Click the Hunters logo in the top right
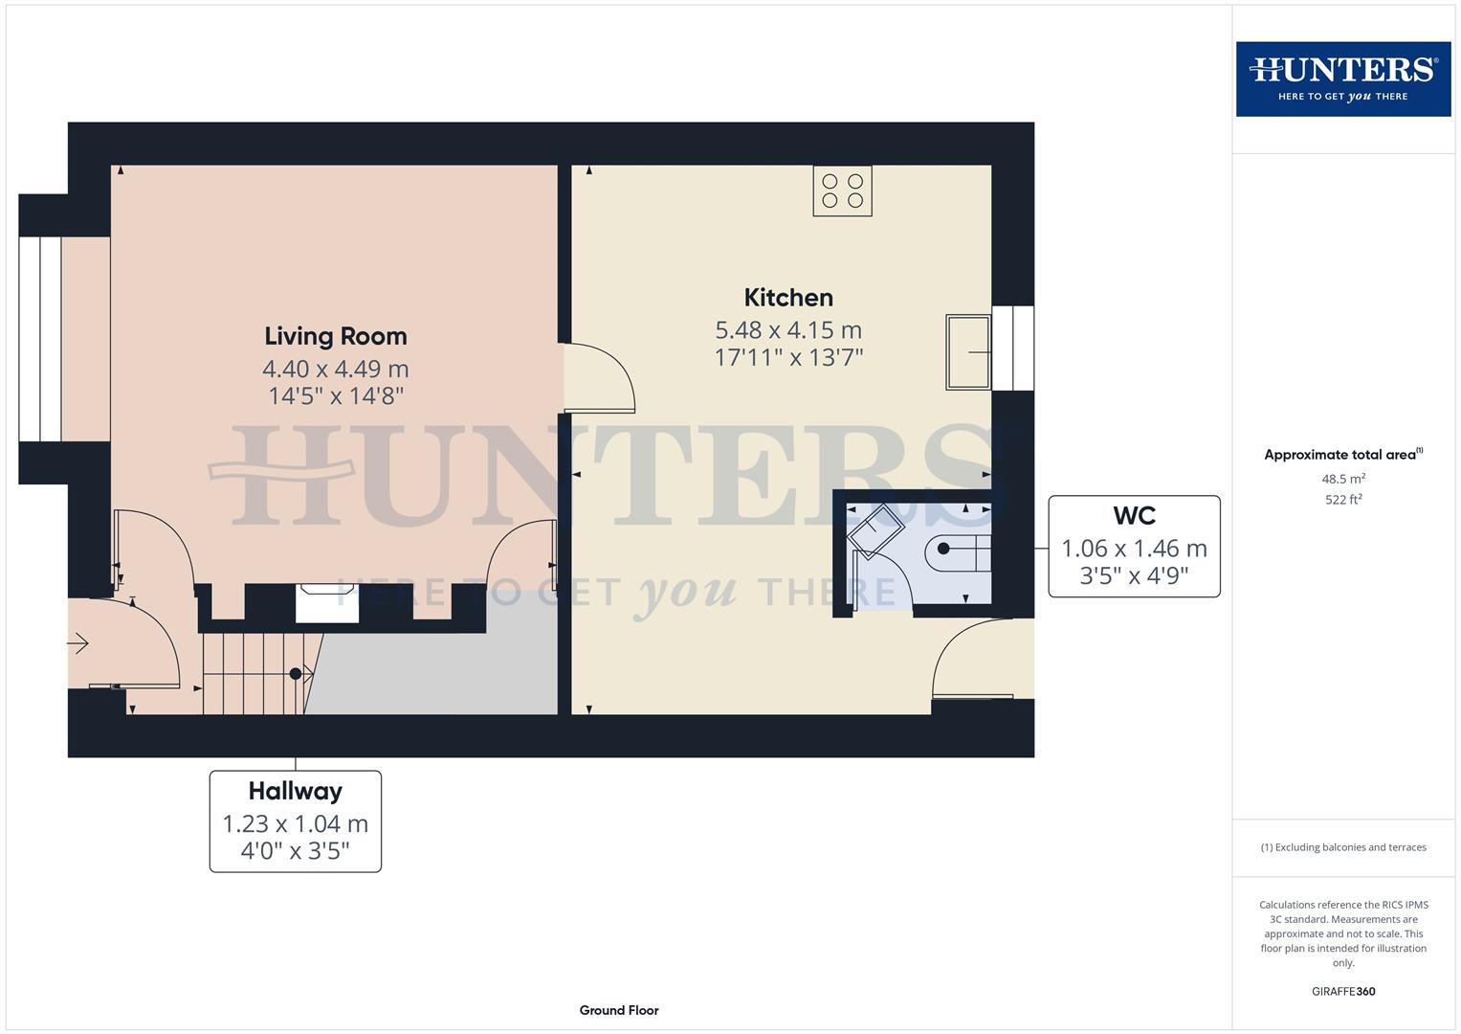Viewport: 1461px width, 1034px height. point(1342,79)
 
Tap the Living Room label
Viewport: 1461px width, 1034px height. point(336,336)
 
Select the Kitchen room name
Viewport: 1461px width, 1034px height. point(788,298)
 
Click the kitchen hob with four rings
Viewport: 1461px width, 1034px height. point(842,191)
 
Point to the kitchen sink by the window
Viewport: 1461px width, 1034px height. point(968,352)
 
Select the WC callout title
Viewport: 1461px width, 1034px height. point(1134,516)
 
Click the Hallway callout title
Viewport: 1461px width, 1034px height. point(295,791)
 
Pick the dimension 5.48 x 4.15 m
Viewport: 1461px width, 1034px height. point(788,330)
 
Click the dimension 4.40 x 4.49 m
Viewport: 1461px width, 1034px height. point(336,369)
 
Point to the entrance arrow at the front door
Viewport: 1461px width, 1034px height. point(78,643)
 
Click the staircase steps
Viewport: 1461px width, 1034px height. point(251,673)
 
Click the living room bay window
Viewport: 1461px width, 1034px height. point(40,339)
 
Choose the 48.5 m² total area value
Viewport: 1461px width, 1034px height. point(1342,479)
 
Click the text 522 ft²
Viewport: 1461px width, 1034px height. point(1342,500)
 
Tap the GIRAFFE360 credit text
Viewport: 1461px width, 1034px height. point(1342,991)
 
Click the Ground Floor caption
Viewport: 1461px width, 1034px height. point(618,1010)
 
